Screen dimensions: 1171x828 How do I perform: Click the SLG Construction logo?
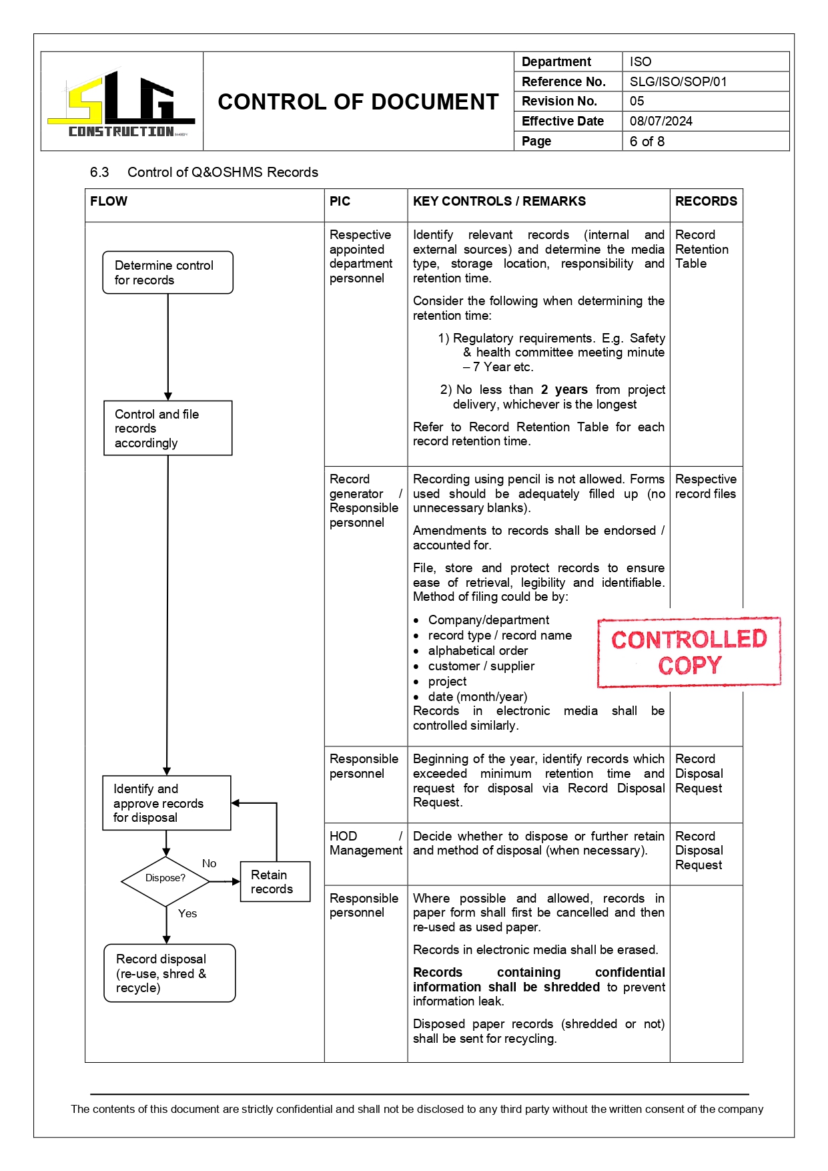pos(121,103)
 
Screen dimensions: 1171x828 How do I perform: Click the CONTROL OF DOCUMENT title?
pos(358,101)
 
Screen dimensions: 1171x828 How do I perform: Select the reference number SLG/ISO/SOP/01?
pos(677,81)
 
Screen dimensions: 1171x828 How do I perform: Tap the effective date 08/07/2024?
pos(661,121)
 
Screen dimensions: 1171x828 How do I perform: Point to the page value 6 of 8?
pos(647,141)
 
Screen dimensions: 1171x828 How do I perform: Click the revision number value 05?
pos(637,101)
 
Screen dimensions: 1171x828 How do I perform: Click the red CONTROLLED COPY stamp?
pos(689,652)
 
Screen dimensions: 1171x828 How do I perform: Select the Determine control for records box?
pos(167,272)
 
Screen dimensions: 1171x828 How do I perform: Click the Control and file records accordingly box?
pos(167,428)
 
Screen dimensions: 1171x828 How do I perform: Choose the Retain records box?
pos(274,881)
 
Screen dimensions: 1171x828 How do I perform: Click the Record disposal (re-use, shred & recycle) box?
pos(169,973)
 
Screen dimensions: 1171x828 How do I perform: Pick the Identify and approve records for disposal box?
pos(166,802)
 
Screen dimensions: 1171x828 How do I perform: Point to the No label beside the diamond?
pos(209,863)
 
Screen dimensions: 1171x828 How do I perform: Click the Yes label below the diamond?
pos(187,913)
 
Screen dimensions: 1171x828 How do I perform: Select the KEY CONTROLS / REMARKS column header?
pos(499,201)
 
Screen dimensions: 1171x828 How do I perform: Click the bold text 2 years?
pos(564,389)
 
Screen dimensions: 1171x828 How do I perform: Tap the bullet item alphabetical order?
pos(478,650)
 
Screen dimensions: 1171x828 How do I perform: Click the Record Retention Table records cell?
pos(701,249)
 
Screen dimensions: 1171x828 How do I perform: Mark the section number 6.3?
pos(99,172)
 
